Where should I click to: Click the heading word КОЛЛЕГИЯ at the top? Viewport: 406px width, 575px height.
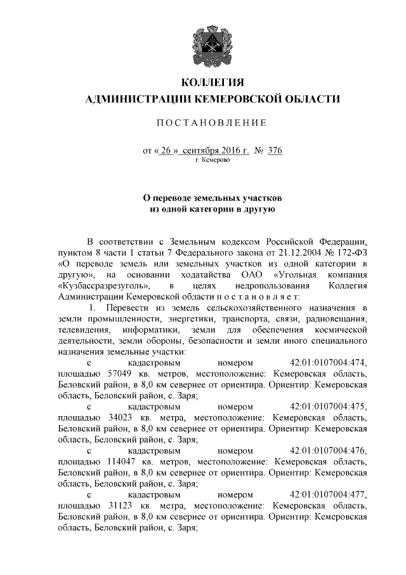(213, 84)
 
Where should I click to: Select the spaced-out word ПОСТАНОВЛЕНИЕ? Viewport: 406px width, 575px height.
(213, 122)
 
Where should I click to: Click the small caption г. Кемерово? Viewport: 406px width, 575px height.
(213, 161)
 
